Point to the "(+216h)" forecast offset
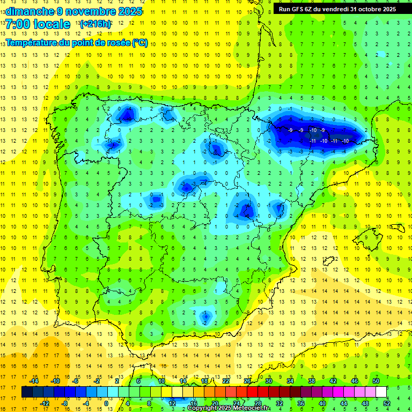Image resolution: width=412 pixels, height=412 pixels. point(95,24)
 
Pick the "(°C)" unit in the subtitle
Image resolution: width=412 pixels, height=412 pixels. point(141,43)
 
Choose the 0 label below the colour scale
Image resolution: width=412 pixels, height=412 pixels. point(106,403)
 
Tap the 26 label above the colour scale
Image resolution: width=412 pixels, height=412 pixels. point(247,381)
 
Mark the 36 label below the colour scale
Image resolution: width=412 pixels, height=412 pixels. point(300,403)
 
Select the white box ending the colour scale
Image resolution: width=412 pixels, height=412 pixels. point(381,392)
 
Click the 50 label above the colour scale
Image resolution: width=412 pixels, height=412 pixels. point(376,381)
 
